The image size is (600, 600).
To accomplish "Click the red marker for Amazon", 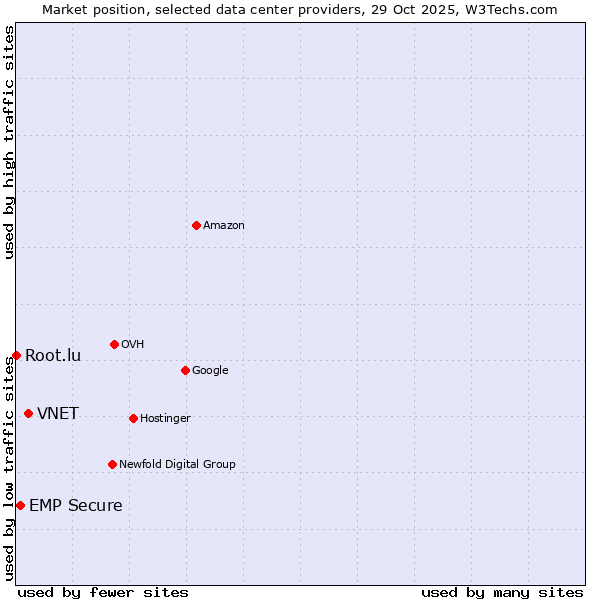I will [196, 225].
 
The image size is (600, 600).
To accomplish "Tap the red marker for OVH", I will [114, 344].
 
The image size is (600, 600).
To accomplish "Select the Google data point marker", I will [185, 370].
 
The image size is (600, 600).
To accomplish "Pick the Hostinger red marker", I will [133, 418].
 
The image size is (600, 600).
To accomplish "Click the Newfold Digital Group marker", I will [112, 464].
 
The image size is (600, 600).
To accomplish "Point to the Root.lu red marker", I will [16, 355].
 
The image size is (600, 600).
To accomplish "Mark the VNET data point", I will [28, 413].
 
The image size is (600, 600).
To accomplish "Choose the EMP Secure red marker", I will [20, 505].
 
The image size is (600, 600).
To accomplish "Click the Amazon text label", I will [224, 226].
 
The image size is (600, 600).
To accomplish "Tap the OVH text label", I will [133, 345].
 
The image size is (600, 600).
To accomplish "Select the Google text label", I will [210, 371].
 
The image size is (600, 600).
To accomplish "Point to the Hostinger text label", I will [165, 419].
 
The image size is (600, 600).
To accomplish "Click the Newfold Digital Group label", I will [177, 465].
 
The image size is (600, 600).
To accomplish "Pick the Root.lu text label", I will [53, 356].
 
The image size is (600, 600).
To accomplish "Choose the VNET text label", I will [58, 414].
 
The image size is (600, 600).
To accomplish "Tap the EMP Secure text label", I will [76, 506].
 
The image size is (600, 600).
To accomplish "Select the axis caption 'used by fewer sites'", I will [103, 592].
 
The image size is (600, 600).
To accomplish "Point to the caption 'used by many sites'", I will [502, 592].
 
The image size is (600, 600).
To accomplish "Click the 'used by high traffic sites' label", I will [9, 142].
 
